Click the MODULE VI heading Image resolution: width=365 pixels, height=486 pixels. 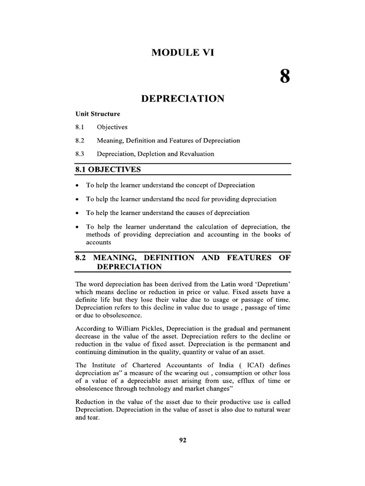point(183,53)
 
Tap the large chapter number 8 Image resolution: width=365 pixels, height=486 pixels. point(284,76)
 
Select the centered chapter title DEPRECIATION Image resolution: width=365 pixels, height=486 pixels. point(183,98)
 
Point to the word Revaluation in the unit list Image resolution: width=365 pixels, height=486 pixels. point(195,154)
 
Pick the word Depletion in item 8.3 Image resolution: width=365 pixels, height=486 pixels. point(153,154)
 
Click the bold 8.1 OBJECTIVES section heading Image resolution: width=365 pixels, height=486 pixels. point(108,169)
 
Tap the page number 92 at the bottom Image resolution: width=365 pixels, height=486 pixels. point(182,440)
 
